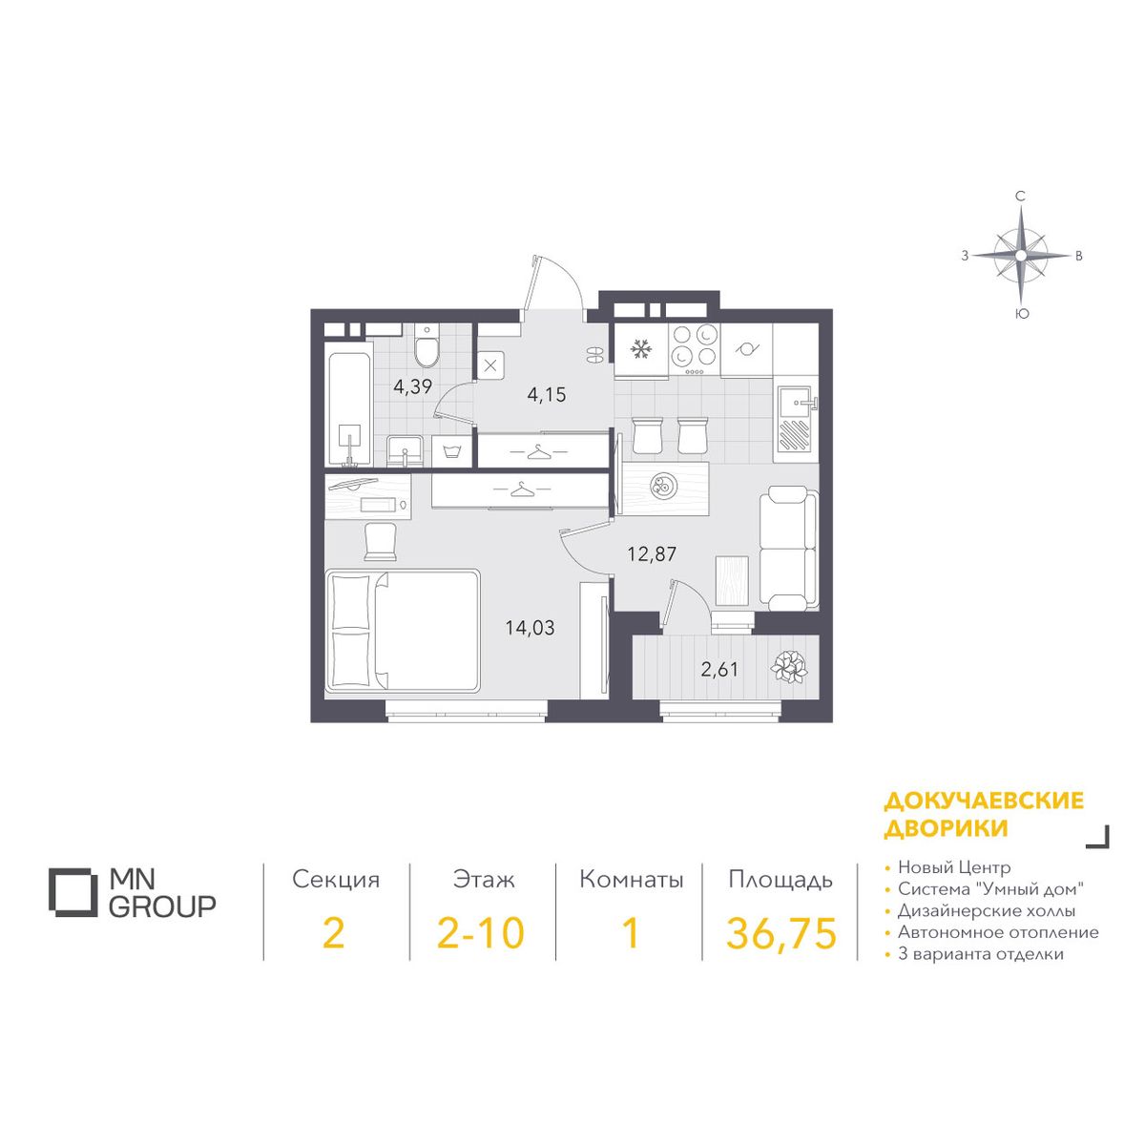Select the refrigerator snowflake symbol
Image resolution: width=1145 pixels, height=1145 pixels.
coord(640,349)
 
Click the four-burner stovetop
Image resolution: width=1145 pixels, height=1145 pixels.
coord(694,350)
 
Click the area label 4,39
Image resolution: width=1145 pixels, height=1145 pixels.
coord(412,387)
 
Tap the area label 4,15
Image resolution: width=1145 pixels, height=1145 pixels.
coord(546,394)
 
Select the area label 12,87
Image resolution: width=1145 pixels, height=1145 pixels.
coord(652,554)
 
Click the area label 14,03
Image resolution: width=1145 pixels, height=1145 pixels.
coord(530,628)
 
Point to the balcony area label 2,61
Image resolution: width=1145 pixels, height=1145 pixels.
coord(719,670)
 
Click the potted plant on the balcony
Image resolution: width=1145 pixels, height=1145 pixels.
coord(788,667)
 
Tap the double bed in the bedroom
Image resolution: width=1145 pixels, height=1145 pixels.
coord(402,630)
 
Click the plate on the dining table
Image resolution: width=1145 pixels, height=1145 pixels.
coord(661,486)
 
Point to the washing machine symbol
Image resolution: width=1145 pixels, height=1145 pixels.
coord(451,452)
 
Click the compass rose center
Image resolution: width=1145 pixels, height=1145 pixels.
coord(1020,256)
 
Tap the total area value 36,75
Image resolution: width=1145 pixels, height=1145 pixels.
coord(781,933)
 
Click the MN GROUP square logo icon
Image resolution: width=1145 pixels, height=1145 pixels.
coord(72,892)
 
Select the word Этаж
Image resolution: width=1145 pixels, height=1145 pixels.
coord(483,880)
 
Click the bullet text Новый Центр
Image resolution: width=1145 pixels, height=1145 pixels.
coord(954,868)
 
